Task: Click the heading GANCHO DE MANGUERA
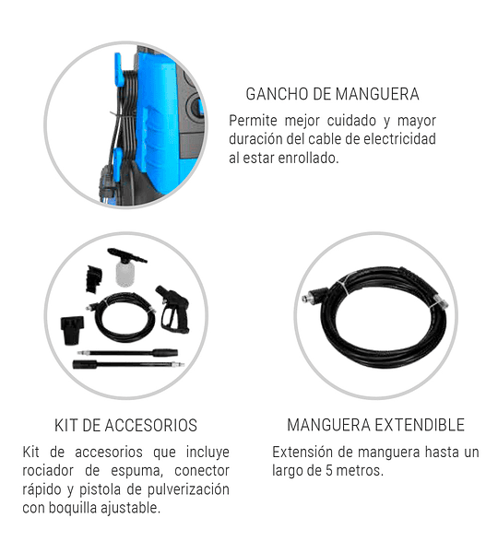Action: point(332,94)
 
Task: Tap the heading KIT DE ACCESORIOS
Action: point(125,425)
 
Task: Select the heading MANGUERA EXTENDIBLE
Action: point(375,425)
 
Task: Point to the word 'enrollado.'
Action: point(308,158)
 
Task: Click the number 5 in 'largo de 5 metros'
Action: point(329,470)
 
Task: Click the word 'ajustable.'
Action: point(130,508)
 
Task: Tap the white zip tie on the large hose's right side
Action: point(437,302)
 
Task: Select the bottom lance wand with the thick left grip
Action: point(128,364)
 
